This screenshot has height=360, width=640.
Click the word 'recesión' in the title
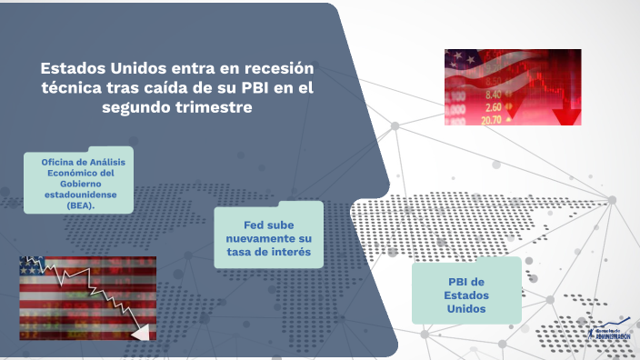(271, 68)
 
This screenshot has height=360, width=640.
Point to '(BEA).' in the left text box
(80, 205)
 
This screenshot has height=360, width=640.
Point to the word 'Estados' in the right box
(466, 295)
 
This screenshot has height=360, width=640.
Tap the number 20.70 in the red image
(491, 119)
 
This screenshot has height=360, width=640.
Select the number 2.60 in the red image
(493, 106)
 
